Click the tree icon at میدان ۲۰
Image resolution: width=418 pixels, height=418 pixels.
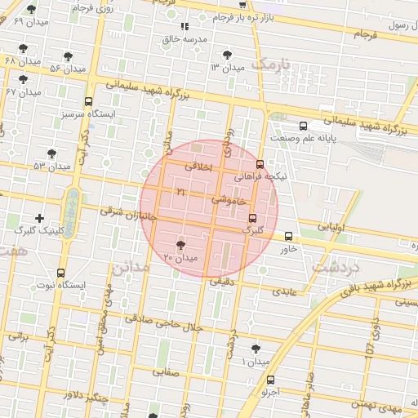181,244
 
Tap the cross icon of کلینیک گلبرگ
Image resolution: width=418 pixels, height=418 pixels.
40,218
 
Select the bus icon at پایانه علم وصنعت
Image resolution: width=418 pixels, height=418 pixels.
303,127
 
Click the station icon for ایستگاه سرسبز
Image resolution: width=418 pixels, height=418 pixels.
88,102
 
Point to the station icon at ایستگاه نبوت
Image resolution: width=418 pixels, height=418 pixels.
61,273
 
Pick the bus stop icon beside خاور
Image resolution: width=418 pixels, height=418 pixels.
288,237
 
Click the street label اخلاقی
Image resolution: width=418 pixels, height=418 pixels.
198,166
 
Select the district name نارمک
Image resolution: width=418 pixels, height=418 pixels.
271,63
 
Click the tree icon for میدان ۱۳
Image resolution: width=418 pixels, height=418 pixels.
227,55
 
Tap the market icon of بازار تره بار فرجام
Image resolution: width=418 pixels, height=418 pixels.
242,4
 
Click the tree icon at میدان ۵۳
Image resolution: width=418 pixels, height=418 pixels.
52,153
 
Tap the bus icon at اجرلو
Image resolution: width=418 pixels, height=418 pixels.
271,379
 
